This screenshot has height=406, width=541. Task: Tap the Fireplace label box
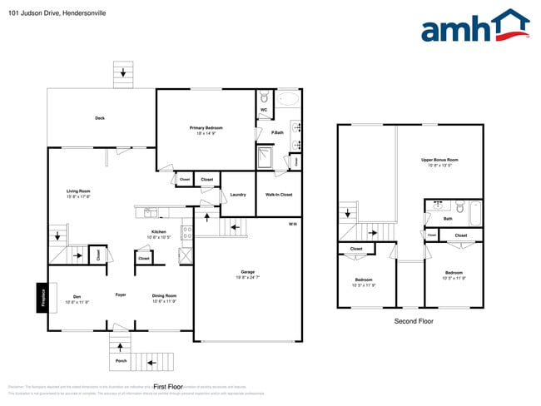[42, 298]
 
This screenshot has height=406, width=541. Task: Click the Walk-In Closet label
[279, 195]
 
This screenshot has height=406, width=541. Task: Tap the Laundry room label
[237, 195]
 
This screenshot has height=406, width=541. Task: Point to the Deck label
[100, 118]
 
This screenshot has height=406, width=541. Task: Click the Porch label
[121, 361]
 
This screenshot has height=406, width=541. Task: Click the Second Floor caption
[413, 321]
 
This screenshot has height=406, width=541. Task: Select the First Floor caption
[168, 387]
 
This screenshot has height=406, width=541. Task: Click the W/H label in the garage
[292, 225]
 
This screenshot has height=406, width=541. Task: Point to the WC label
[264, 110]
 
